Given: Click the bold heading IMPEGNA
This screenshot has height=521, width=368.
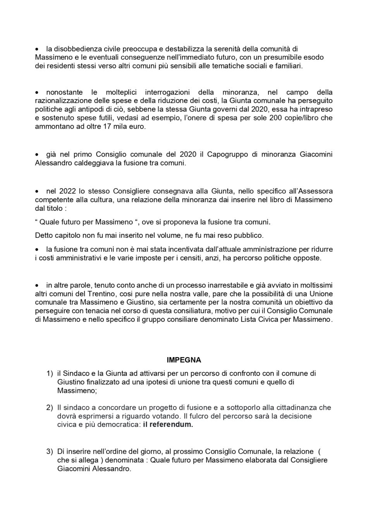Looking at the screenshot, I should point(184,360).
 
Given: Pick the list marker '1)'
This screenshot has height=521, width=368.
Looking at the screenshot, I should point(49,373).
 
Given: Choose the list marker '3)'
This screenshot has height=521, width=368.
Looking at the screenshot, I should point(49,452).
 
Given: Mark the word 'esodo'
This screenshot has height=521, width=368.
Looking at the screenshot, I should point(314,57).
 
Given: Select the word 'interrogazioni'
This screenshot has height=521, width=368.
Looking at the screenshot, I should point(167,92).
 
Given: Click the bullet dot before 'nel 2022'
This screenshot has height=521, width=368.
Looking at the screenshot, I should point(37,192).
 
